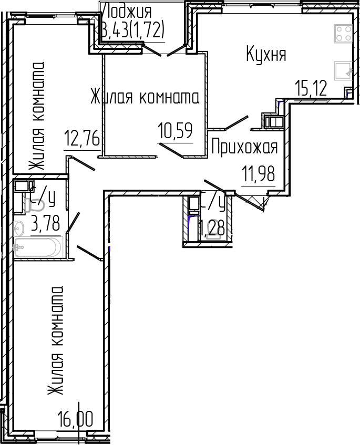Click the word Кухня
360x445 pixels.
coord(266,54)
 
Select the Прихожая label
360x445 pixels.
coord(244,148)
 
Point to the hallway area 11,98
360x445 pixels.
coord(258,173)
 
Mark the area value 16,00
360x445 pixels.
coord(76,420)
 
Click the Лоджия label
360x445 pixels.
coord(128,11)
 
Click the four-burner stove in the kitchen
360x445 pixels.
coord(344,34)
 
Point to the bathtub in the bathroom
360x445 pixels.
coord(38,247)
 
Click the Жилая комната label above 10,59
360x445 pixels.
coord(145,98)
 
